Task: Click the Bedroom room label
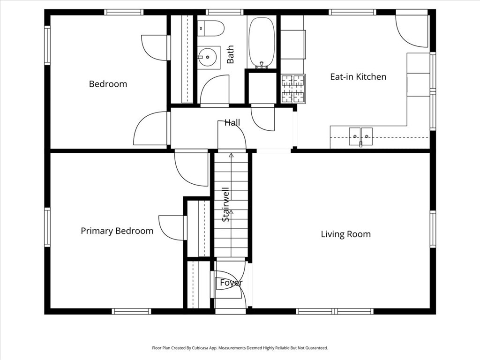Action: pyautogui.click(x=108, y=84)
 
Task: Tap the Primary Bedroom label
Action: pyautogui.click(x=117, y=231)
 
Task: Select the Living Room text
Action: pyautogui.click(x=345, y=234)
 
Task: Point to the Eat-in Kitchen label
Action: pyautogui.click(x=358, y=76)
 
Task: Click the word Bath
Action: pyautogui.click(x=230, y=55)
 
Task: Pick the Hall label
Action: pyautogui.click(x=232, y=122)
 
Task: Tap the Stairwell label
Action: pyautogui.click(x=226, y=204)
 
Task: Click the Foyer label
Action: pyautogui.click(x=231, y=283)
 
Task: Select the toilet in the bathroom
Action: pyautogui.click(x=210, y=28)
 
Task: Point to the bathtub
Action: pyautogui.click(x=262, y=42)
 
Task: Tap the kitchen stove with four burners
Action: pyautogui.click(x=293, y=89)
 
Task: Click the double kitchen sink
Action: pyautogui.click(x=360, y=136)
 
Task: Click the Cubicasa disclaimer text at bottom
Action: pyautogui.click(x=240, y=348)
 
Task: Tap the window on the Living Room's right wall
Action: pyautogui.click(x=433, y=229)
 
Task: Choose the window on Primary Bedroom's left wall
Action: pyautogui.click(x=47, y=227)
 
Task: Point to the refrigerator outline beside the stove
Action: pyautogui.click(x=293, y=45)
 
